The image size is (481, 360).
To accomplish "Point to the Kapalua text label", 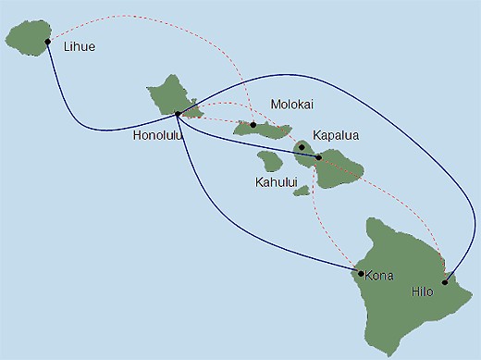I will [336, 135].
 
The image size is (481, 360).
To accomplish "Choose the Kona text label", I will [380, 275].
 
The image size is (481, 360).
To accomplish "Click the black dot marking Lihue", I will [48, 42].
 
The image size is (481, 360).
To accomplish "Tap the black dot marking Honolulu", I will [178, 115].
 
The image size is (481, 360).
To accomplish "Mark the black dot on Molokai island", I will [253, 124].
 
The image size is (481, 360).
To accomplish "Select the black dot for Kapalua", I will [302, 147].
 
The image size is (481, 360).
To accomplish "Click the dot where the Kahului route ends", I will [319, 157].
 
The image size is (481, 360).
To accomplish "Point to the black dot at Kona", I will [360, 273].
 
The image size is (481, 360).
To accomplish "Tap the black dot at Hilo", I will [446, 283].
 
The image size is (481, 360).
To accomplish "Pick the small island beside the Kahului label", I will [270, 161].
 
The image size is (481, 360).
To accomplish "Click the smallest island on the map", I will [302, 191].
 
